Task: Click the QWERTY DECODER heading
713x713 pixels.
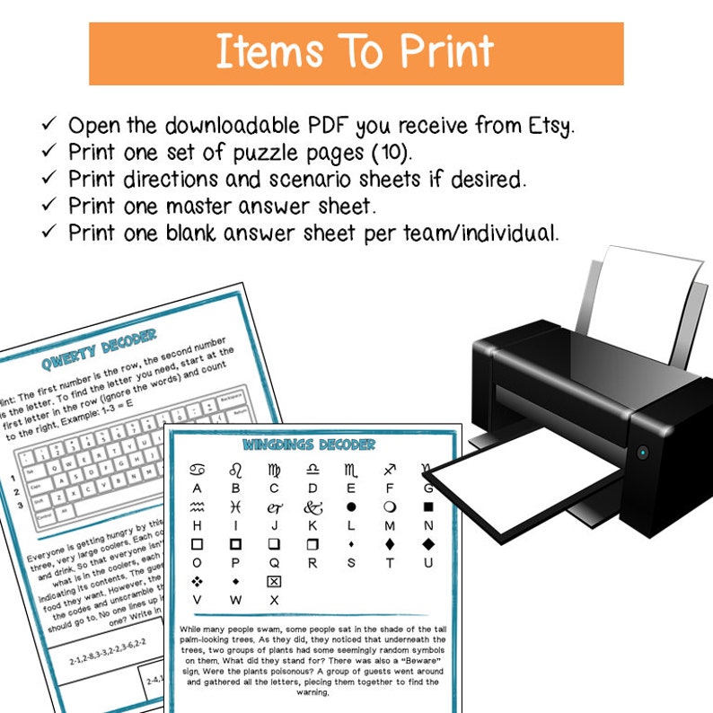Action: tap(99, 353)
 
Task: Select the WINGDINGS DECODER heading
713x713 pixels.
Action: tap(309, 445)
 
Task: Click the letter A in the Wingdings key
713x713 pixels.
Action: tap(197, 489)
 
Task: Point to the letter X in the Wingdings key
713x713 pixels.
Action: tap(274, 600)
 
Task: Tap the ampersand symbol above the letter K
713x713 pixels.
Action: tap(312, 507)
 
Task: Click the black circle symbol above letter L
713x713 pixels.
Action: tap(351, 507)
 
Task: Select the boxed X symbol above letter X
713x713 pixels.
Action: tap(274, 581)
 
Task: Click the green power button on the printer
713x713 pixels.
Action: tap(642, 453)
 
